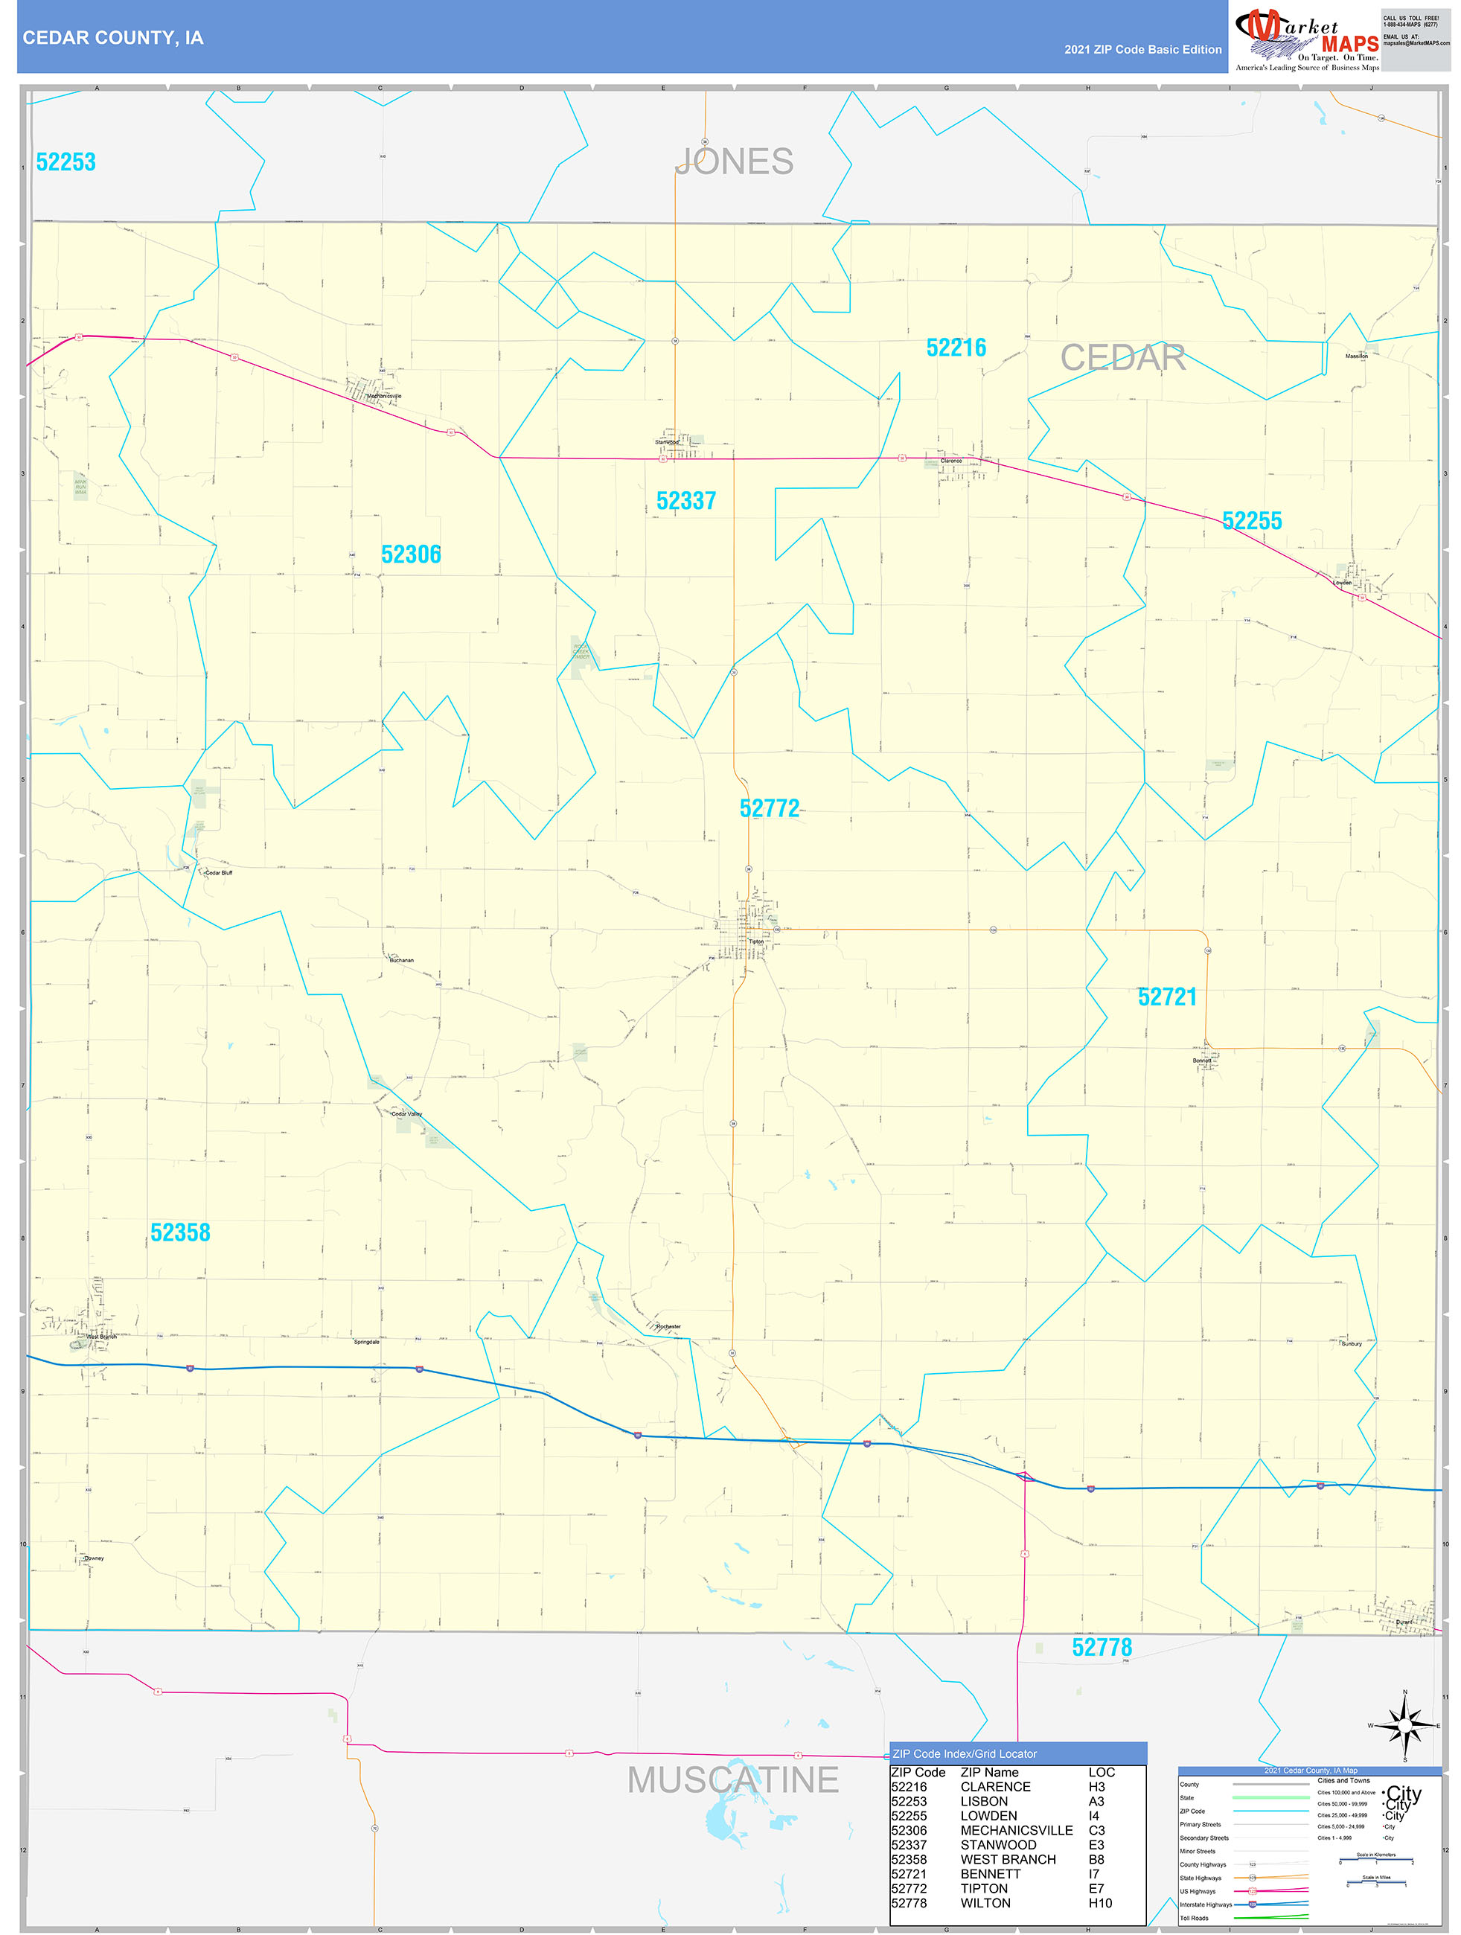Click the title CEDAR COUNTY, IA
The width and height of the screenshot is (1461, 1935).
113,38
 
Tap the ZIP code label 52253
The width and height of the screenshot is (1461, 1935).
65,161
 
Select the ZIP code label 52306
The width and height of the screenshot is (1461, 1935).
411,554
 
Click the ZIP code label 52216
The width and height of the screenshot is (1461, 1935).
956,348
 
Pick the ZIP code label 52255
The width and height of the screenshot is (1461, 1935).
1251,520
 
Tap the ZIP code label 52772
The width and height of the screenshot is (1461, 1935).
769,807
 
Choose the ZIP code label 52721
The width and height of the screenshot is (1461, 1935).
1166,997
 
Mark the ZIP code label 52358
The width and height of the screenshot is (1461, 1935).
180,1232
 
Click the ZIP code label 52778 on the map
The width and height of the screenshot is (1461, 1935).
1102,1647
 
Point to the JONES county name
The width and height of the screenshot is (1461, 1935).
735,161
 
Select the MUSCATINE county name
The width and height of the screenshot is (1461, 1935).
733,1779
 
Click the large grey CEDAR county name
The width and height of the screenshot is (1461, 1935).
1122,357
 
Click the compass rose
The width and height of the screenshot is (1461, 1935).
1404,1726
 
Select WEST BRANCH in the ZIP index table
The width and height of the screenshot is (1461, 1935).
1008,1859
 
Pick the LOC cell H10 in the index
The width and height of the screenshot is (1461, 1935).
1100,1903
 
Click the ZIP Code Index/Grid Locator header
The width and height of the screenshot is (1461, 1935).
964,1754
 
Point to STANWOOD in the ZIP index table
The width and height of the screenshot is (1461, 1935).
998,1845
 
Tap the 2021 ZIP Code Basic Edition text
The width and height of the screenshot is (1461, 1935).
1142,50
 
